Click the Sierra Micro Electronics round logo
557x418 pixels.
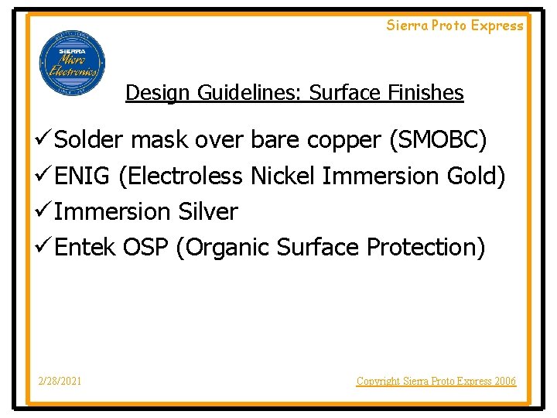point(72,63)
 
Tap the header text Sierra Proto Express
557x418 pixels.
point(455,26)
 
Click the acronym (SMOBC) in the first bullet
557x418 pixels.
point(439,140)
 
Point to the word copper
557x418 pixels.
point(344,140)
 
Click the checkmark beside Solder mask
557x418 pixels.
point(43,140)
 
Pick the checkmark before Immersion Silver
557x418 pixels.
point(43,211)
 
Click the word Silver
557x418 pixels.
point(208,211)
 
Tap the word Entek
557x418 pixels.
point(85,248)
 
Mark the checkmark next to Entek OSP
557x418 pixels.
point(43,248)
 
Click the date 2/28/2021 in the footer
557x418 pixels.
point(61,381)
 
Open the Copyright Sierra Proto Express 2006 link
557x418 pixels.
point(436,381)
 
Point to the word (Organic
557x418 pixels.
point(223,248)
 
